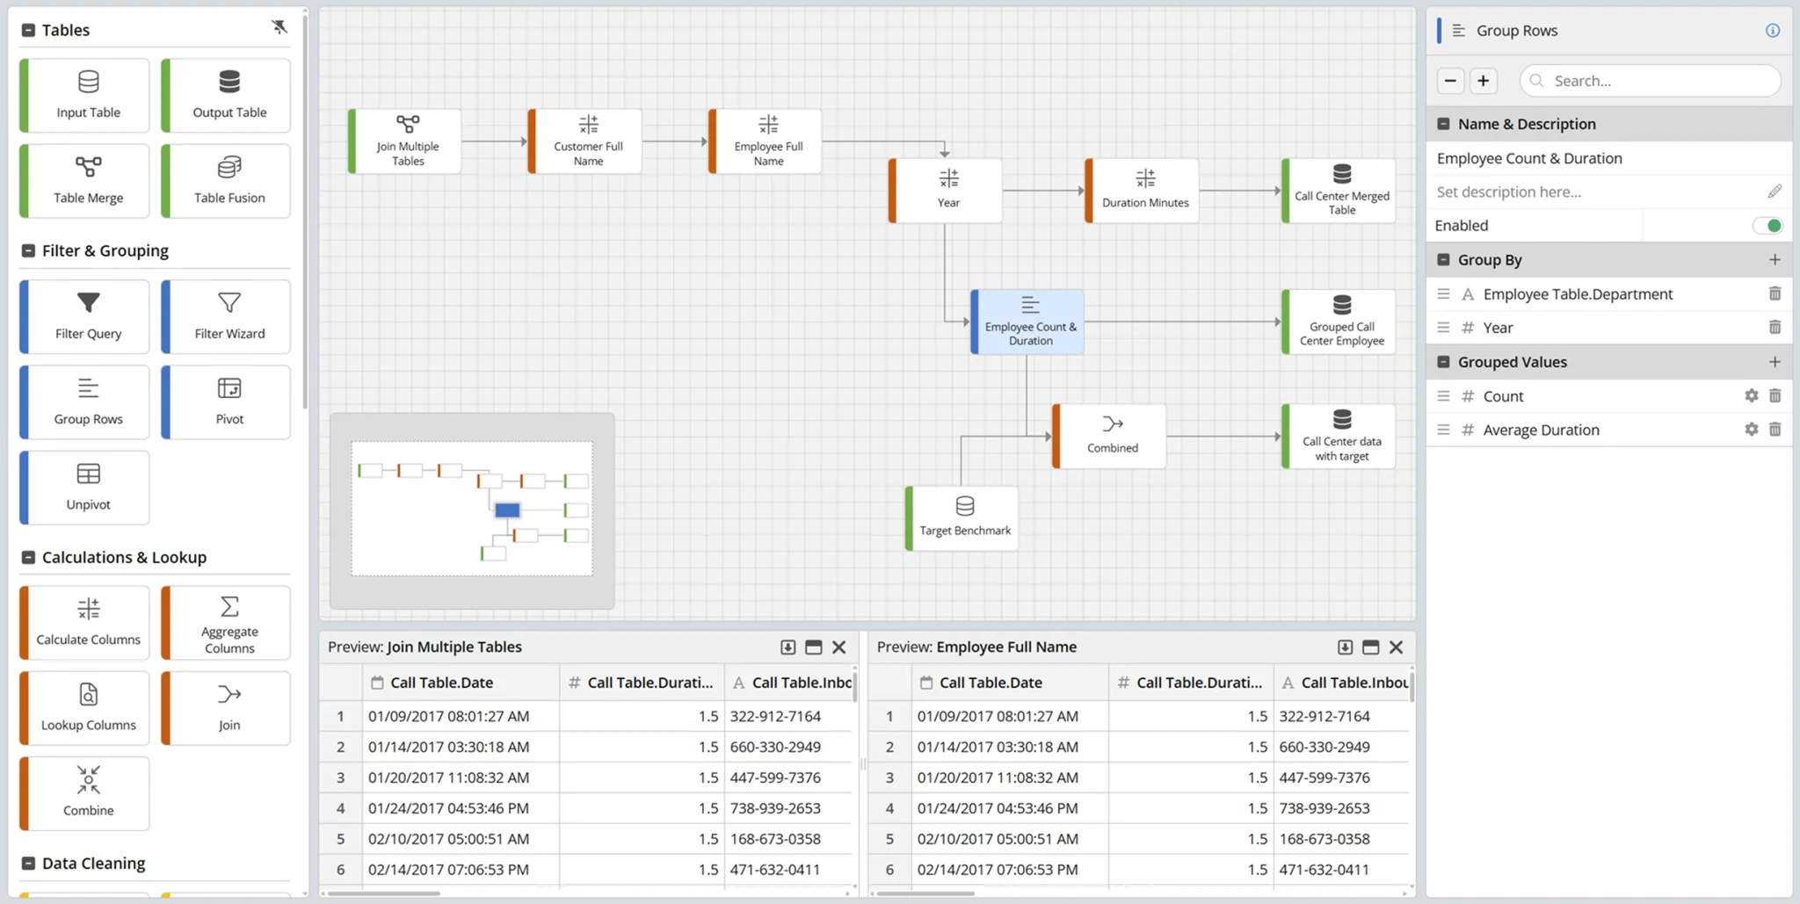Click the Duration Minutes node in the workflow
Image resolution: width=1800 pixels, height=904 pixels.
tap(1143, 190)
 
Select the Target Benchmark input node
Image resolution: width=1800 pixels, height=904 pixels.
tap(963, 517)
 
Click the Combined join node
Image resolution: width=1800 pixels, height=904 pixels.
tap(1111, 435)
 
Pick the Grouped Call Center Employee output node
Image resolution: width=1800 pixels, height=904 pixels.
tap(1339, 322)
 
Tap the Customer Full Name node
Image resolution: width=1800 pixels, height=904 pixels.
tap(587, 141)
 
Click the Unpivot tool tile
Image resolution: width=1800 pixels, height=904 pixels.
tap(87, 487)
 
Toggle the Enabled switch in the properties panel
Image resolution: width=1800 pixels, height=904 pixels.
tap(1767, 226)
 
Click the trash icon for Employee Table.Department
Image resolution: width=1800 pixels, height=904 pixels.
tap(1775, 293)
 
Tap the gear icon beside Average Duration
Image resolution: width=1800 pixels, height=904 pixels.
tap(1751, 430)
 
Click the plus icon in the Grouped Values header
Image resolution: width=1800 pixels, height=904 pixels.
tap(1775, 362)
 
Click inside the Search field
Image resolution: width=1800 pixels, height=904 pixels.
tap(1652, 81)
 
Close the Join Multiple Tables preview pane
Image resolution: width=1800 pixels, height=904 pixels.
tap(838, 647)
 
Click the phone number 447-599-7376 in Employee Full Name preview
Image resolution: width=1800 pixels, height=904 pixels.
tap(1324, 777)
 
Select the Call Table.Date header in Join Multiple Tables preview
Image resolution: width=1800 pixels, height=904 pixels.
tap(441, 683)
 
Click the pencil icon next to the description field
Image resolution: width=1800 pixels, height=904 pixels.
tap(1775, 192)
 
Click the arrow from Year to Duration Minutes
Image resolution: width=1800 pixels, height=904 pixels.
tap(1043, 190)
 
